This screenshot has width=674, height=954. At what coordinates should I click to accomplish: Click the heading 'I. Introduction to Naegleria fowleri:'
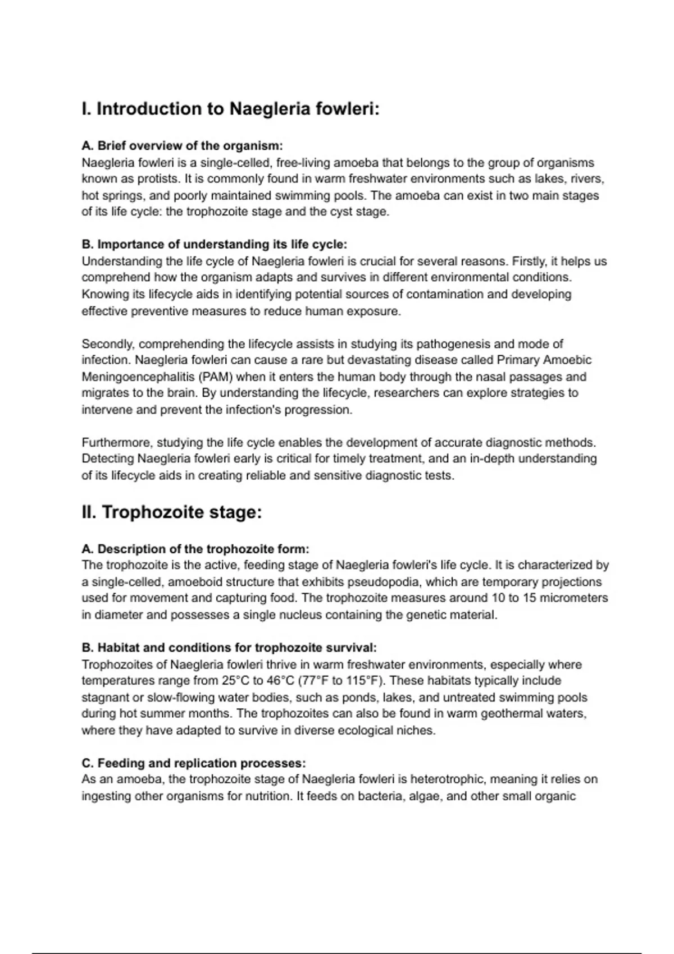click(230, 109)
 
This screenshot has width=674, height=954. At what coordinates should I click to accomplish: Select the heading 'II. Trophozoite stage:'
click(172, 512)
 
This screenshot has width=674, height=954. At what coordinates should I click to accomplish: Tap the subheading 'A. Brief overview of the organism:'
click(182, 146)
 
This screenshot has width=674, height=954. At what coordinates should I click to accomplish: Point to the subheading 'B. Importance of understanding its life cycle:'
click(215, 245)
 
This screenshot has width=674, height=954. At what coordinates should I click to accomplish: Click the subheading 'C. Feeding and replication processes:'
click(194, 763)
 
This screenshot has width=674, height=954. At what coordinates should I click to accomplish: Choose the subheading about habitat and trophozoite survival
click(229, 648)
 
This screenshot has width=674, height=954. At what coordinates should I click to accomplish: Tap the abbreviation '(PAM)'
click(214, 377)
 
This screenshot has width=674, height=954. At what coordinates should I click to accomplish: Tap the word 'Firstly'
click(531, 262)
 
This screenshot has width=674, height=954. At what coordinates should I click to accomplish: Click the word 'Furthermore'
click(117, 443)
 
